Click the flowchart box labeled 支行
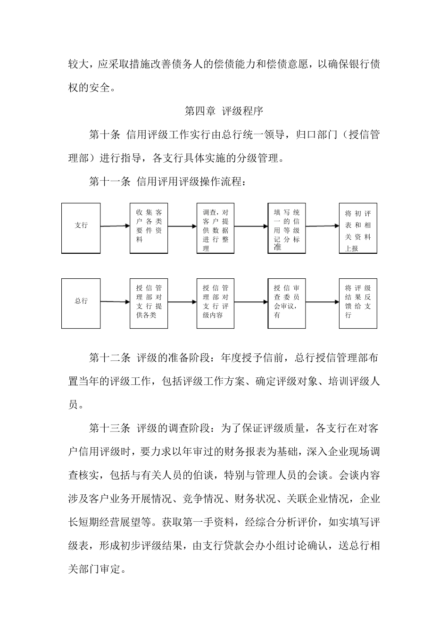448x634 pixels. (81, 228)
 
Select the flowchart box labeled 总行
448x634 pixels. (81, 303)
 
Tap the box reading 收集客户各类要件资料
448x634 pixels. (149, 228)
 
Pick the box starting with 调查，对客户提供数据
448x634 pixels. (215, 228)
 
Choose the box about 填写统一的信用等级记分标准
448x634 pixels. (286, 228)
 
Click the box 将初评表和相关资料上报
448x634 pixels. (358, 228)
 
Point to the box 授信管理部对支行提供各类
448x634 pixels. (149, 303)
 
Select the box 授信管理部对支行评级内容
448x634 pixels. (215, 303)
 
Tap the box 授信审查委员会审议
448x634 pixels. (286, 303)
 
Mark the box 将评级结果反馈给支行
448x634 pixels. (358, 303)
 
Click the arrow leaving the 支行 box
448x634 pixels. (115, 226)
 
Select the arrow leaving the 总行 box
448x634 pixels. (115, 301)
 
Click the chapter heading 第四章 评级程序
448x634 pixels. (224, 111)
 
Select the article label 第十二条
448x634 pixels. (110, 358)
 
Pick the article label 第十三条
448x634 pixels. (110, 428)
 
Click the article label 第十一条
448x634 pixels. (110, 182)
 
